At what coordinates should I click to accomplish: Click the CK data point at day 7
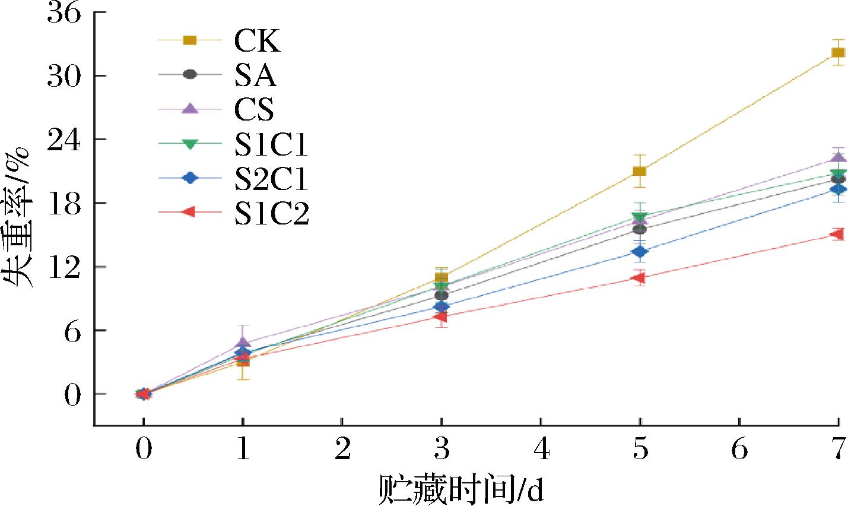click(x=837, y=53)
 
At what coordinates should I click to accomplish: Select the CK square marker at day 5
click(x=639, y=172)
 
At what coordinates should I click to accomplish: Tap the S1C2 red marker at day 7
click(x=837, y=235)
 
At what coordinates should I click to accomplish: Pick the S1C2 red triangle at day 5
click(x=639, y=278)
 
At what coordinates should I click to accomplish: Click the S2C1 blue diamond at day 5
click(x=639, y=252)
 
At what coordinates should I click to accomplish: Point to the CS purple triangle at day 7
click(x=837, y=157)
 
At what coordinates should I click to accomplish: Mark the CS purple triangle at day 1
click(x=243, y=343)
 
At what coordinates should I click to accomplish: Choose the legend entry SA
click(x=255, y=75)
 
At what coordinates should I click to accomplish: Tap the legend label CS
click(x=255, y=109)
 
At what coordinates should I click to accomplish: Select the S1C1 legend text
click(x=271, y=144)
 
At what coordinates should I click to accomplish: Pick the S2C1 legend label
click(x=271, y=179)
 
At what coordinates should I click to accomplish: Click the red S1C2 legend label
click(x=271, y=213)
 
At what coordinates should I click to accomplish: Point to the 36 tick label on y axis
click(x=63, y=14)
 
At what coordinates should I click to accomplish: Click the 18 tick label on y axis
click(x=63, y=204)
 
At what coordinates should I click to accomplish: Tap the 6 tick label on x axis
click(x=739, y=451)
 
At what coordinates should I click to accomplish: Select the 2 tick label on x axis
click(x=342, y=451)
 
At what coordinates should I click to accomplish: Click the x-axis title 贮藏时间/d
click(x=461, y=491)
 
